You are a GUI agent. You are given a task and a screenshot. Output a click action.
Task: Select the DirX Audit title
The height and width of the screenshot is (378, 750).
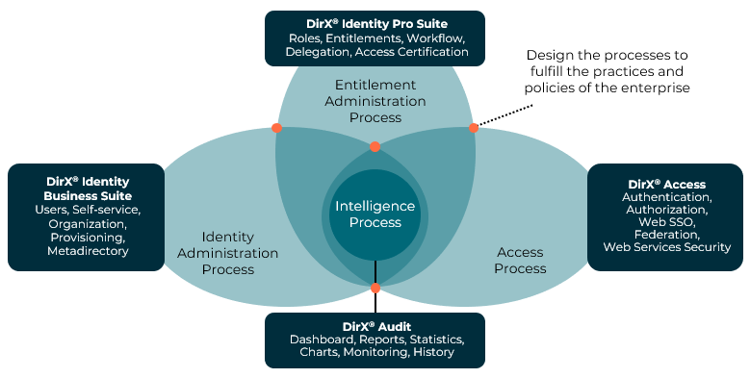(x=376, y=326)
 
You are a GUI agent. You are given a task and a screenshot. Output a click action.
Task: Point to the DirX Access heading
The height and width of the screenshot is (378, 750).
(x=666, y=184)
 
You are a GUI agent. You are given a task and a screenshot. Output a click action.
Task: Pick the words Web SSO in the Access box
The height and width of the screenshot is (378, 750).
(x=666, y=221)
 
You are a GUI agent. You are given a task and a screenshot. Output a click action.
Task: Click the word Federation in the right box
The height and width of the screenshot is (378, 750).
(x=666, y=234)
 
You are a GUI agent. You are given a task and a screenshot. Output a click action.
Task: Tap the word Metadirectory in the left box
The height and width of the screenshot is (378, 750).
(x=87, y=251)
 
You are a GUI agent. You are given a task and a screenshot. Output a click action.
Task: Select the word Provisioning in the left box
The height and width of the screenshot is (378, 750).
(x=87, y=237)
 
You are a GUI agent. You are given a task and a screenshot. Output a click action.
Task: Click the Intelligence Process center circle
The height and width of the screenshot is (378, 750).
(x=375, y=214)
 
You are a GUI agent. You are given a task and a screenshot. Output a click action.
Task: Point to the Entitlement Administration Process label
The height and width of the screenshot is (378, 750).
(x=375, y=101)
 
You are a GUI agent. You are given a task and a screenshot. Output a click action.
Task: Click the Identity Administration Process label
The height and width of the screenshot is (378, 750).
(x=228, y=253)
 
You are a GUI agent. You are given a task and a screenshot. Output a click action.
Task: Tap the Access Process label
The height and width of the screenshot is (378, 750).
(x=520, y=260)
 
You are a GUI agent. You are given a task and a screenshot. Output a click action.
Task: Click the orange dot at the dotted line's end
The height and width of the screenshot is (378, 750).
(x=474, y=128)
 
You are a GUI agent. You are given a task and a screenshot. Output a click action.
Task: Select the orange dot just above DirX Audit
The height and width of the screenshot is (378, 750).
(x=375, y=288)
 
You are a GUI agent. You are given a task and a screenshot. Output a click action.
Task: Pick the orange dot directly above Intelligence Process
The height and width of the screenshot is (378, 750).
(x=375, y=147)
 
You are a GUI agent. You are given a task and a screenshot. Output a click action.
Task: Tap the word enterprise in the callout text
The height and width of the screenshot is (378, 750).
(x=658, y=88)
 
